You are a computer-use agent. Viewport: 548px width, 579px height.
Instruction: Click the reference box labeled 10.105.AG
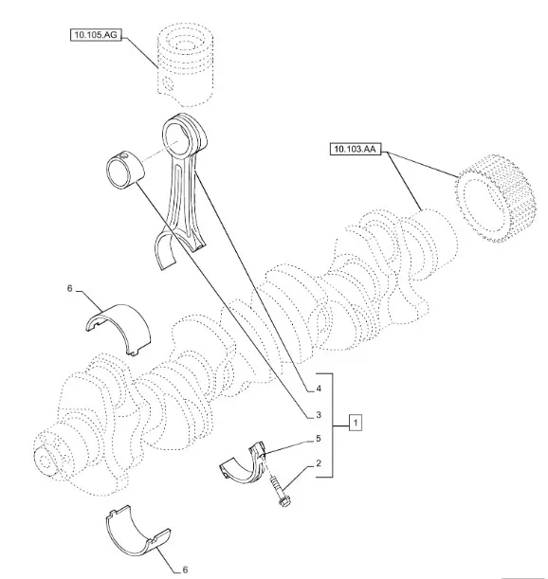tap(96, 35)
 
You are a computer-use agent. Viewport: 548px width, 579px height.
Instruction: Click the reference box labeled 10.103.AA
tap(356, 149)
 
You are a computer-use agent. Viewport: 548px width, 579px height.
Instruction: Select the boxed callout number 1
tap(356, 422)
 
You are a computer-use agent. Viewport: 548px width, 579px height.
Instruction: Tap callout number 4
tap(319, 389)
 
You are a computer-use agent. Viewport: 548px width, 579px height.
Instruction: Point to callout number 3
tap(319, 415)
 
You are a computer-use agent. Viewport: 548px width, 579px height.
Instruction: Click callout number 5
tap(319, 439)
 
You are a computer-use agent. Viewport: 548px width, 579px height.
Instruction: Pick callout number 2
tap(319, 463)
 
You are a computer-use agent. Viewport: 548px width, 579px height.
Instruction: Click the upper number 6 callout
tap(70, 288)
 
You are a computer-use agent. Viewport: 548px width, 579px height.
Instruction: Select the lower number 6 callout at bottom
tap(185, 570)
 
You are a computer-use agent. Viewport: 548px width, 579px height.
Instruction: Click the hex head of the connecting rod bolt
tap(284, 502)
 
